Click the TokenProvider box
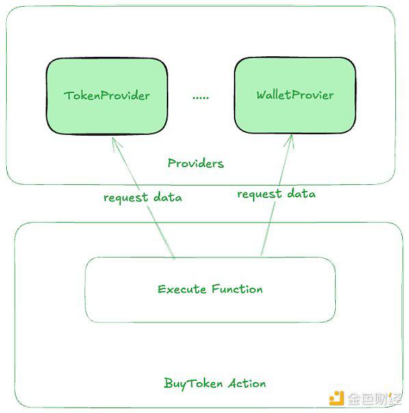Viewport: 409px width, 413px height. (x=107, y=96)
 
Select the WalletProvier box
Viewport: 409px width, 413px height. (x=295, y=95)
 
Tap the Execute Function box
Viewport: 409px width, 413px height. (x=210, y=290)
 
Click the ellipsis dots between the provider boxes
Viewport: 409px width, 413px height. (x=200, y=98)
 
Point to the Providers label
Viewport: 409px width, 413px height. (x=196, y=163)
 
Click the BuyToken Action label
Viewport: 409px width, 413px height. (x=215, y=384)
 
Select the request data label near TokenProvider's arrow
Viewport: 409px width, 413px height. (x=142, y=197)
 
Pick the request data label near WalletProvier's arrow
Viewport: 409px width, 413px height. (x=276, y=194)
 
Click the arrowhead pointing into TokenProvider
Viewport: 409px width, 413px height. (x=116, y=144)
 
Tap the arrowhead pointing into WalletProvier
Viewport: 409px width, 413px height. (x=289, y=141)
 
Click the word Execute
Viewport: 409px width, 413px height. (x=182, y=289)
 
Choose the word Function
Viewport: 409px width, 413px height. (x=237, y=289)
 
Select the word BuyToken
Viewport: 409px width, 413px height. (x=193, y=384)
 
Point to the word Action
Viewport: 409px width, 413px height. (x=247, y=384)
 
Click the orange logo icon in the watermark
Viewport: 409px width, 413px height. (x=337, y=398)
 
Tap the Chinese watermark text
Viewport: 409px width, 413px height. (x=375, y=399)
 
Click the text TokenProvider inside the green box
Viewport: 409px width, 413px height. (x=107, y=95)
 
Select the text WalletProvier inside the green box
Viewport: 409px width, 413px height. (x=295, y=95)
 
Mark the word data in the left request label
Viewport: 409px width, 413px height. (x=168, y=197)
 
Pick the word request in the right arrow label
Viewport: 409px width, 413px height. (x=259, y=195)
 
